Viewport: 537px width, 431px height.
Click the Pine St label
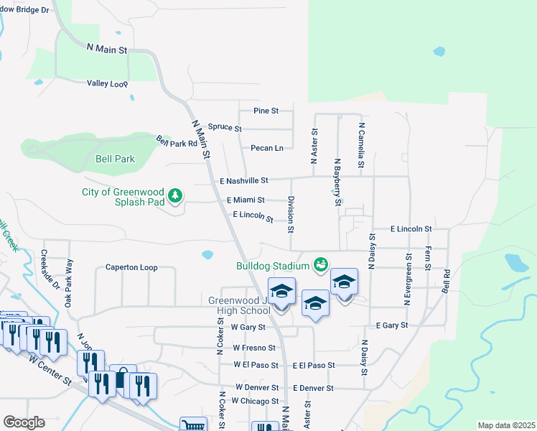coord(266,111)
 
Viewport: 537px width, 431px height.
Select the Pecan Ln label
coord(267,148)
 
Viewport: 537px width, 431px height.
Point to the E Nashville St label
coord(244,180)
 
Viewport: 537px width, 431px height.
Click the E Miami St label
coord(246,200)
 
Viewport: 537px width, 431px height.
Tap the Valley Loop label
coord(107,83)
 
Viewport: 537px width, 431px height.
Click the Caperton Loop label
coord(131,268)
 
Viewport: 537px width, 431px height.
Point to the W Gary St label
coord(249,327)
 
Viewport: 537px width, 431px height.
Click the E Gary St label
coord(391,325)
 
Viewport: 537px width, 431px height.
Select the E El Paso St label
coord(314,365)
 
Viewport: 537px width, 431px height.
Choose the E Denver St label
coord(313,388)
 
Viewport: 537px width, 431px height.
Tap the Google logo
coord(24,422)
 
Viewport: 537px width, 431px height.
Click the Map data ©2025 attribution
coord(506,425)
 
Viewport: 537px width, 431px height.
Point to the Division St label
coord(291,214)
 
